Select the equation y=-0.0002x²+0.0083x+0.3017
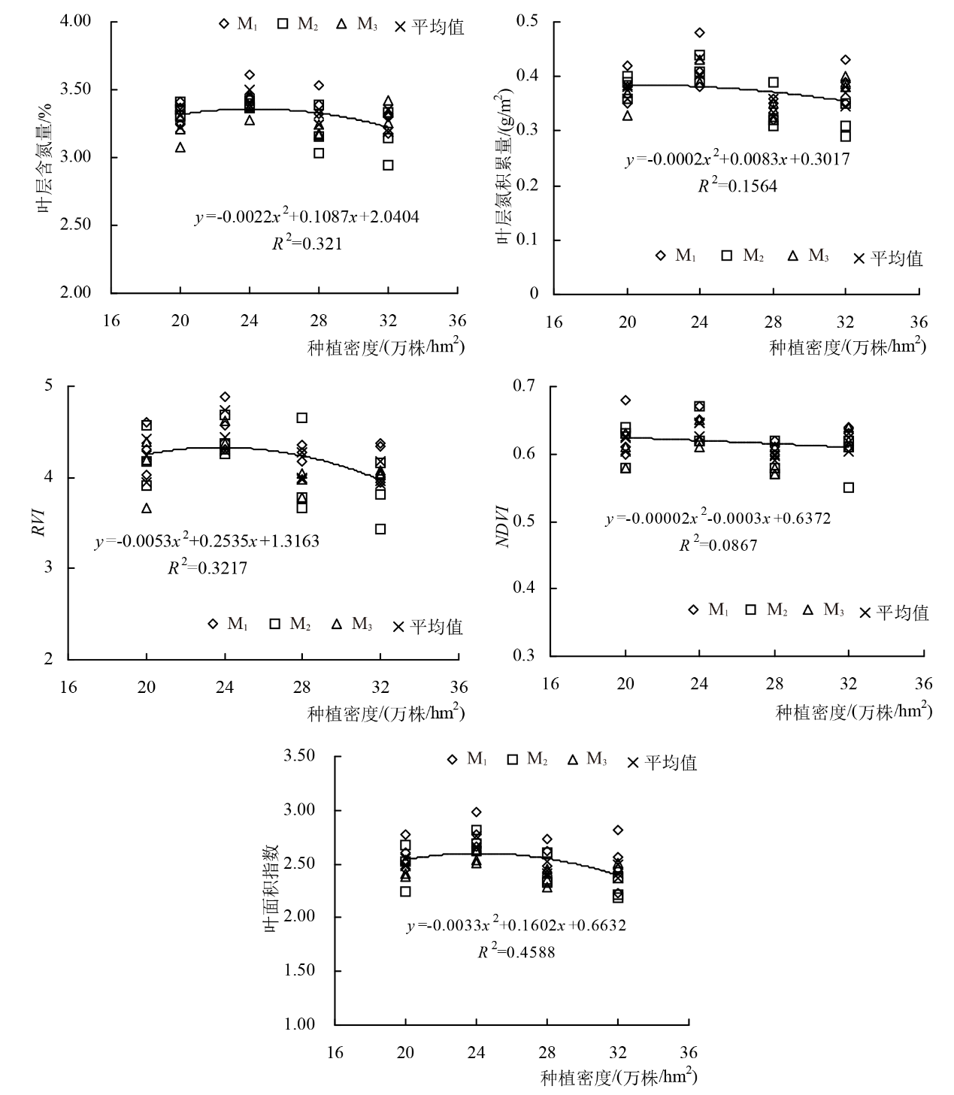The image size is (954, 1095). (737, 160)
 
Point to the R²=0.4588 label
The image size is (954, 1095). (516, 951)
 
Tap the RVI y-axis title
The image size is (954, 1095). (38, 522)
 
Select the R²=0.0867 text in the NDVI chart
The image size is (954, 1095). (718, 546)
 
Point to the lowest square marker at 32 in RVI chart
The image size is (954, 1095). (380, 529)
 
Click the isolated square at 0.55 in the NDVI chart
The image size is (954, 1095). (849, 487)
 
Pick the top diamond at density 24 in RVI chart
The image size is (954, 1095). (225, 397)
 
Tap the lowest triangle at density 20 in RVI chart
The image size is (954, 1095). (147, 508)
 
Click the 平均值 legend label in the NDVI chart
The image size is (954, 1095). (902, 613)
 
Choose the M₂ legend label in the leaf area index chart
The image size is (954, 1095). (536, 760)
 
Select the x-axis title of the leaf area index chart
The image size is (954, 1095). (618, 1078)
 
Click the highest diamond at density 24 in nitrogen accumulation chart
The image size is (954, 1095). (700, 32)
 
